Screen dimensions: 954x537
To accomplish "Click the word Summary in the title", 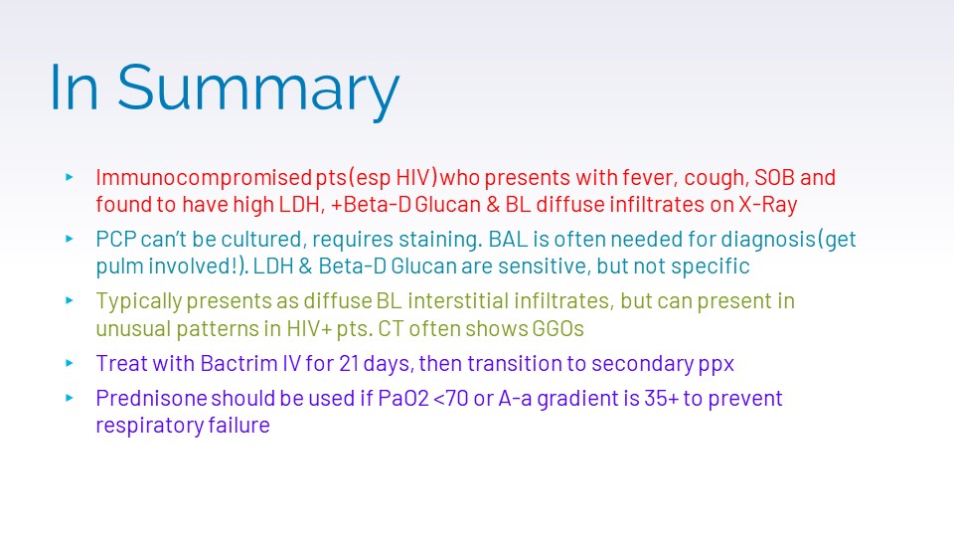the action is pos(258,89).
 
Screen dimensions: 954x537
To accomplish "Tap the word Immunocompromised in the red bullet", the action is pos(204,178).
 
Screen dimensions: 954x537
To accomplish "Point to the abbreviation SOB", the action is pos(774,177).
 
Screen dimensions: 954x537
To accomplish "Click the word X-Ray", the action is pos(768,205).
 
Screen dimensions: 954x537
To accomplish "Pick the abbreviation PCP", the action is pos(115,239).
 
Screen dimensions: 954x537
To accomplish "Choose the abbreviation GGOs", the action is pos(557,329).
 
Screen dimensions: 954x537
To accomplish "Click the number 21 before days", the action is pos(348,364).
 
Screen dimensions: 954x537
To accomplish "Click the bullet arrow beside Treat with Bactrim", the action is pos(70,364).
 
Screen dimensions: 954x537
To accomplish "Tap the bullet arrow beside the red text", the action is pos(70,177).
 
